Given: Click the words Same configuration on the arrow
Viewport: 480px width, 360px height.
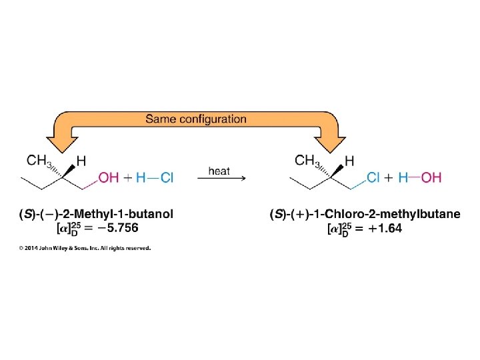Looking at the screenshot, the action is (196, 119).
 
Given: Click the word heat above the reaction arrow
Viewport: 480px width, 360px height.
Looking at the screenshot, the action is (219, 171).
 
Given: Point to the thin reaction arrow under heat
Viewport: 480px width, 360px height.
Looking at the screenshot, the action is (223, 178).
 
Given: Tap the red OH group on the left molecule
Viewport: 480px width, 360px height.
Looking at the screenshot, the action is (109, 177).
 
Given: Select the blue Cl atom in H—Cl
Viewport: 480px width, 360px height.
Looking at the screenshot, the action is (167, 177).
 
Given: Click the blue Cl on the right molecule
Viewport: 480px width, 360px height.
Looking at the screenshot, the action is (374, 177).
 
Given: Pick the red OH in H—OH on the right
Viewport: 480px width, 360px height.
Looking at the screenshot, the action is (431, 177).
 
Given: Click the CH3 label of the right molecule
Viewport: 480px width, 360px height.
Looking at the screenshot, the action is (309, 160).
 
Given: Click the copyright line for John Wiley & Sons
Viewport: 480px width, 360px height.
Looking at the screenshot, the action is (85, 248).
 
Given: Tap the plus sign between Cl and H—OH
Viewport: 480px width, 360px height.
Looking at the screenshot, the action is (390, 177).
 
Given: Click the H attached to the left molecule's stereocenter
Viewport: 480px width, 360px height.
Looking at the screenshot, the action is (81, 161).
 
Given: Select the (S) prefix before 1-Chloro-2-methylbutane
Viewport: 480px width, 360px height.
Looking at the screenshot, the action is (276, 214).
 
